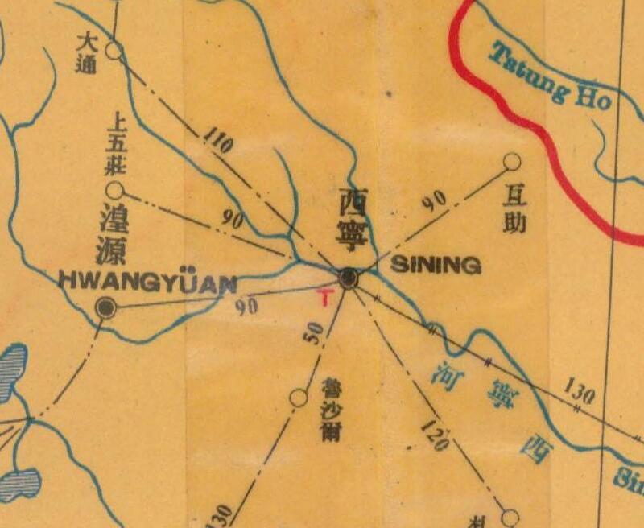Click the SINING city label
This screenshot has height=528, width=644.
pos(436,266)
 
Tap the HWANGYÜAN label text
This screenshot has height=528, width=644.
pos(148,283)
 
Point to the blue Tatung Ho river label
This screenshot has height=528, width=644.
pos(551,76)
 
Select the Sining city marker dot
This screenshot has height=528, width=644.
pos(349,278)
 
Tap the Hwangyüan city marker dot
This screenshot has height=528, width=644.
pos(105,307)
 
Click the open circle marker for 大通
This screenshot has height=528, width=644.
pos(114,51)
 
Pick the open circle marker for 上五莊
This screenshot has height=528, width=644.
pos(115,190)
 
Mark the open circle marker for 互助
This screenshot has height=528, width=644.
pos(511,163)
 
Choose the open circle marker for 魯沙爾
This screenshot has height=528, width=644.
pos(299,397)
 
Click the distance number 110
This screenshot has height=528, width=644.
pos(218,141)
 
